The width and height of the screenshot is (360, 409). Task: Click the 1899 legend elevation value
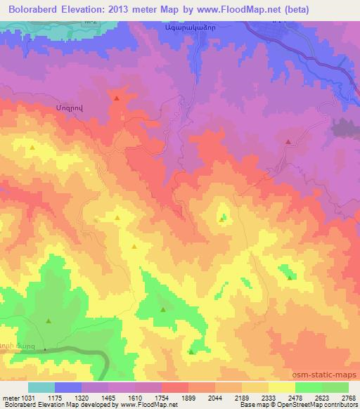(188, 396)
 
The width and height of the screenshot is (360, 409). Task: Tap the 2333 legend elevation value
(269, 396)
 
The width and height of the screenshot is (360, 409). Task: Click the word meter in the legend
(10, 396)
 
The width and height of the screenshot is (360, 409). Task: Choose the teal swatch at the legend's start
(41, 387)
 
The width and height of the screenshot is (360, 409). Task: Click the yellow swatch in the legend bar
(281, 387)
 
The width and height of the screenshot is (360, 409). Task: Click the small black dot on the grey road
(44, 349)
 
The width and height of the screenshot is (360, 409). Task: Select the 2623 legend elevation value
(322, 396)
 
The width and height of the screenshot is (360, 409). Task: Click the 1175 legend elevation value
(56, 396)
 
